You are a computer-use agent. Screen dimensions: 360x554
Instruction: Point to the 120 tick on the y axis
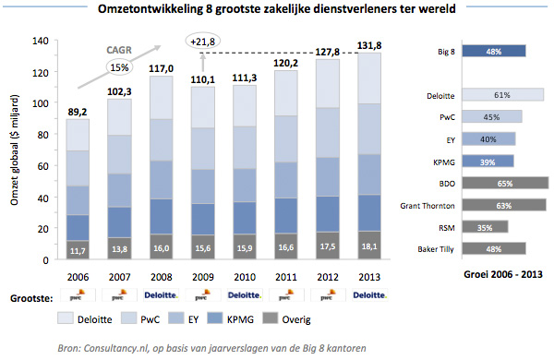pyautogui.click(x=39, y=72)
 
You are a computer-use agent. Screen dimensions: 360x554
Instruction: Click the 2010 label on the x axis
pyautogui.click(x=245, y=276)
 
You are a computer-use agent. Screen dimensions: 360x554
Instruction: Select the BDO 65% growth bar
pyautogui.click(x=504, y=183)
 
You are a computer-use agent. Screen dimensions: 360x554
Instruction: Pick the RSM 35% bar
pyautogui.click(x=483, y=226)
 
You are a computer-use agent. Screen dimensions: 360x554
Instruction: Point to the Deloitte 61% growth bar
pyautogui.click(x=501, y=94)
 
